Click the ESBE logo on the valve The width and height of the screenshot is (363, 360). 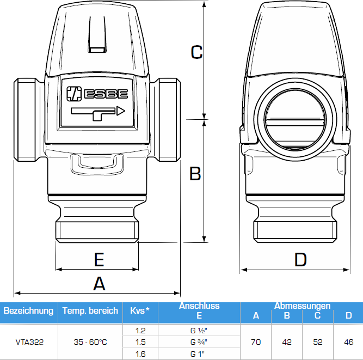point(96,93)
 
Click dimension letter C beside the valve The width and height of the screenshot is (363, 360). point(196,52)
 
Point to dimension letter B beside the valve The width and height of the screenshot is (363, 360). point(195,174)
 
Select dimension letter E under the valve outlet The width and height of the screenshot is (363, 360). point(99,259)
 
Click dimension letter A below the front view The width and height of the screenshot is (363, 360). point(99,284)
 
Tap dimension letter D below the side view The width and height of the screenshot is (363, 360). point(300,259)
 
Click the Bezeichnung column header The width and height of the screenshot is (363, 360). point(28,311)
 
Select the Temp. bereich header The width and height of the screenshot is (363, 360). point(90,311)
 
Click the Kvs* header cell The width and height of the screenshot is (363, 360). point(140,311)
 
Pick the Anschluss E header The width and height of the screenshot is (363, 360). point(199,310)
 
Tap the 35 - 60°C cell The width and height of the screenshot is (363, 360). point(90,343)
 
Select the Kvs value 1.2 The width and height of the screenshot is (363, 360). point(140,331)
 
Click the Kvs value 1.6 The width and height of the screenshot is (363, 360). point(140,354)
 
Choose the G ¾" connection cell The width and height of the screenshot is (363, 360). point(199,343)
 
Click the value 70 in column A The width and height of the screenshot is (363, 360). point(256,343)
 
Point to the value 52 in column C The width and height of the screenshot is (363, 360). point(318,343)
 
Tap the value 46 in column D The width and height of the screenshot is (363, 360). point(349,343)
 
